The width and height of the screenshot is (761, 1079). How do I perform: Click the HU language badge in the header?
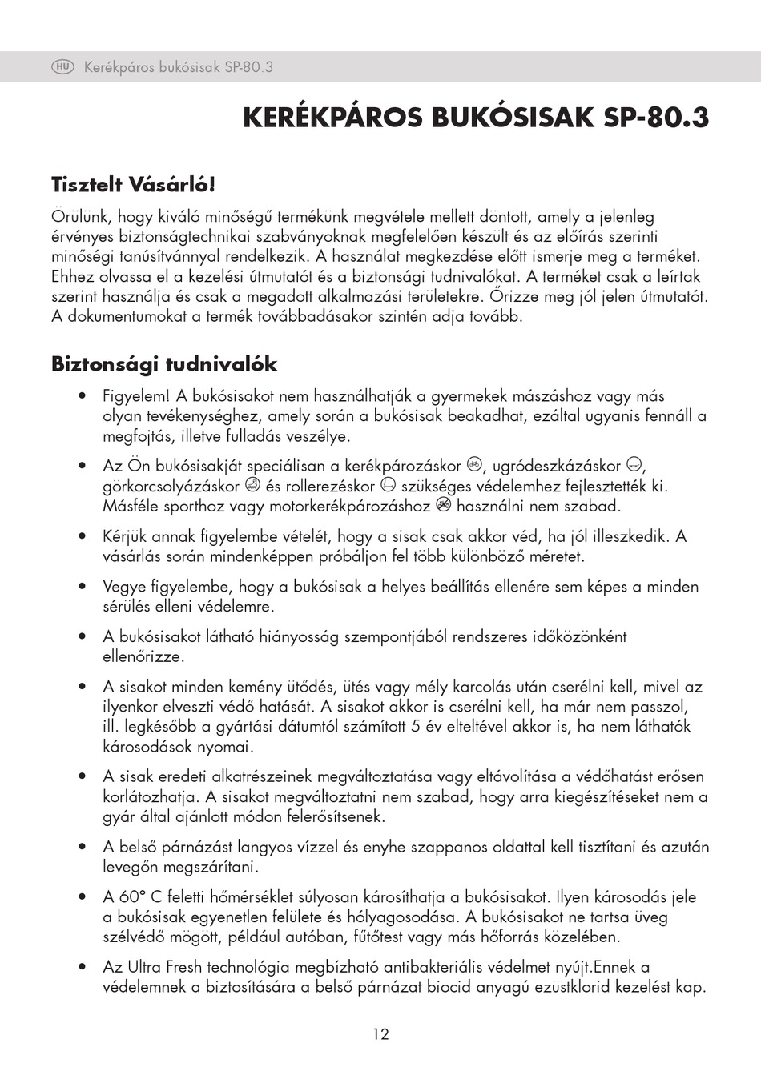click(63, 67)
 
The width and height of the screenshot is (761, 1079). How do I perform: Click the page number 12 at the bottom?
click(380, 1034)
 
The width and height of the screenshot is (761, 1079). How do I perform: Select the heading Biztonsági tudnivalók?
click(164, 364)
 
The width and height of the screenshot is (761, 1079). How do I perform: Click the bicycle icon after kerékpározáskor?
click(474, 464)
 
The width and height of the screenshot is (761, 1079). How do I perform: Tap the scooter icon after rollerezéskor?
click(388, 485)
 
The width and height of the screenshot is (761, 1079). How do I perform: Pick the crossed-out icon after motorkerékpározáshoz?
click(444, 505)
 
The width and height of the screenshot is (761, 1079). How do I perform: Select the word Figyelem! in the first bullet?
click(136, 396)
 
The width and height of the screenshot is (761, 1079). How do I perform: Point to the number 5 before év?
click(416, 727)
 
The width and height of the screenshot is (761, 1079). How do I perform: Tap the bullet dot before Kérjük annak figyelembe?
click(83, 536)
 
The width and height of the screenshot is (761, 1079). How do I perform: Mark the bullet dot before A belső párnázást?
click(83, 847)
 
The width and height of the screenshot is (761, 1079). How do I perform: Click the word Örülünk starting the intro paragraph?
click(83, 216)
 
